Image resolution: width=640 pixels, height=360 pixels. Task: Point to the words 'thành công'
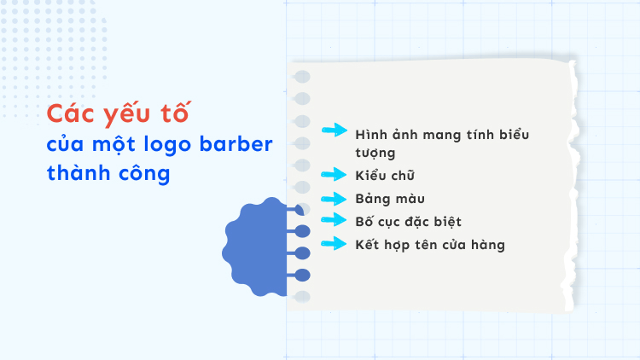[108, 173]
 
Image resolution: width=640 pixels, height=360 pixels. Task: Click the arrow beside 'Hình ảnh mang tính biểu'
[335, 131]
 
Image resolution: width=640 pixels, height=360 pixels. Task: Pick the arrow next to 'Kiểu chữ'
[335, 175]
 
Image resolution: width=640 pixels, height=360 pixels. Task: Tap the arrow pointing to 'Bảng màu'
[335, 198]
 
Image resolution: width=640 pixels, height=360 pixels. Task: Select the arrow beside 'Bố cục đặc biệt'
[335, 221]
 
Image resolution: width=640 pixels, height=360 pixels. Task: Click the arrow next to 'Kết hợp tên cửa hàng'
[335, 244]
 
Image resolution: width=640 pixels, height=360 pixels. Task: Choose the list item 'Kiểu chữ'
[385, 176]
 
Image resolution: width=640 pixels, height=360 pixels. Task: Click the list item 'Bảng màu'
[388, 199]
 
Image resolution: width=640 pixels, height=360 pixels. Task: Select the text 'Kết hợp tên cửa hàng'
[430, 245]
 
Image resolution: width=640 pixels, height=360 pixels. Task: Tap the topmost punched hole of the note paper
[302, 78]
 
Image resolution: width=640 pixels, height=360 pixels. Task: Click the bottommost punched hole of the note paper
[302, 296]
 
